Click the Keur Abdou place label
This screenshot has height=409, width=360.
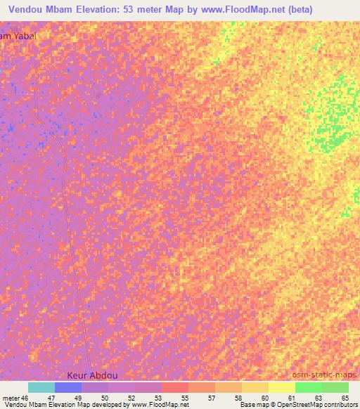94,376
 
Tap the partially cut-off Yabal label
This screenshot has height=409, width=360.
16,35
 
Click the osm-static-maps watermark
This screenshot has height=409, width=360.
323,376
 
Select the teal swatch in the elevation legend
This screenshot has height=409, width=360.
41,387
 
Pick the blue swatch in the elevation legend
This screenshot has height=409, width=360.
68,387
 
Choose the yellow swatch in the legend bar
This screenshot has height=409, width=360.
281,387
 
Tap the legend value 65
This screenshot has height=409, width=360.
344,397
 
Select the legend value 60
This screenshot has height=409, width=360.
265,397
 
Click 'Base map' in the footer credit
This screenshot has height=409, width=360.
251,405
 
